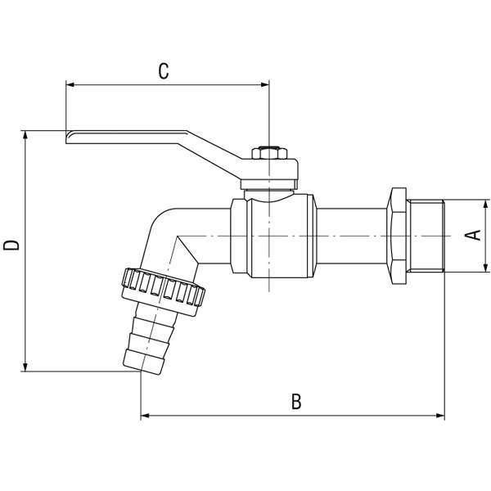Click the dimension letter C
164,71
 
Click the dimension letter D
11,245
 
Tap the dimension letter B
296,402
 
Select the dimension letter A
473,235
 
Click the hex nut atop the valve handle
269,153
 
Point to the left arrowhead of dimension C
70,84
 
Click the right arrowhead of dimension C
265,84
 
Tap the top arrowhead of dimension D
25,134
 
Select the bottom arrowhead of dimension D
25,367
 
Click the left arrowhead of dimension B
145,416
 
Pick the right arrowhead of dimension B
440,416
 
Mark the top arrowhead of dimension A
485,204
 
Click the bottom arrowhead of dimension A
485,268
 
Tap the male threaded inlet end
426,236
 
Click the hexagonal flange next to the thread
396,236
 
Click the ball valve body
273,236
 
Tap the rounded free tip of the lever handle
69,137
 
